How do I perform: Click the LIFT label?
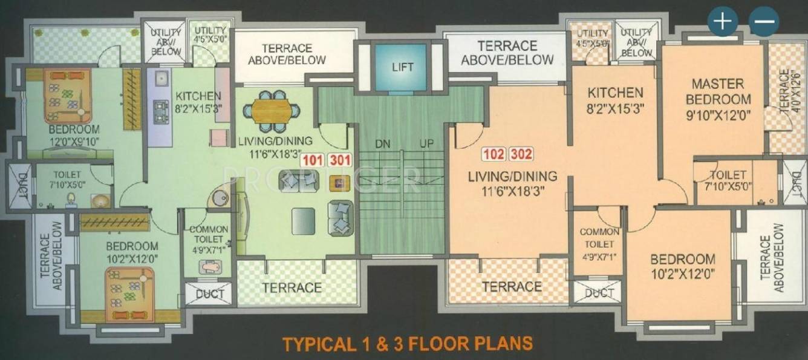click(x=402, y=67)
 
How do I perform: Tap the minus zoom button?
click(x=763, y=21)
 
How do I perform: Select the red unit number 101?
click(x=313, y=161)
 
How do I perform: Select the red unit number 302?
click(x=521, y=154)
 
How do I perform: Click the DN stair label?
click(x=382, y=145)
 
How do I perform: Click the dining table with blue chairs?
click(x=272, y=111)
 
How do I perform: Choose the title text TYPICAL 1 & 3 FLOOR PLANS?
click(x=408, y=343)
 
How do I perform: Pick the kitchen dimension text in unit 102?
click(x=615, y=110)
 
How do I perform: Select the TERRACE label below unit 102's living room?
click(x=512, y=286)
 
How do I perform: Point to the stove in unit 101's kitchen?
click(x=161, y=111)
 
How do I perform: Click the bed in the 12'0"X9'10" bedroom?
click(x=67, y=96)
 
